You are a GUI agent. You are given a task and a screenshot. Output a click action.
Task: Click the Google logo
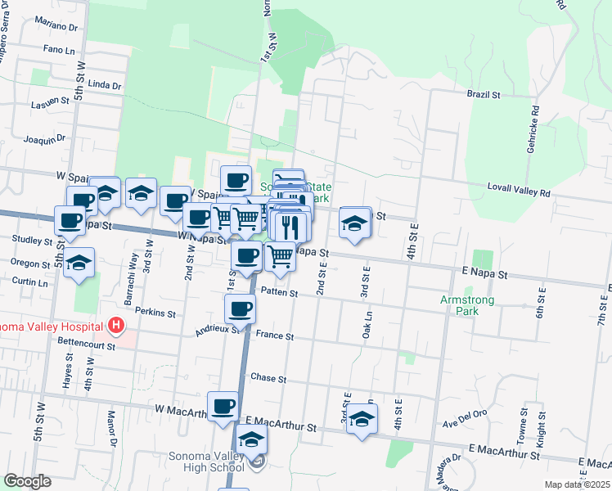pos(27,481)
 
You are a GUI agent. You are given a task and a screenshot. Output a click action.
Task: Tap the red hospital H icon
pos(116,326)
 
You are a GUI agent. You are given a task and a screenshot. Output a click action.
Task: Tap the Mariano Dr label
pos(61,27)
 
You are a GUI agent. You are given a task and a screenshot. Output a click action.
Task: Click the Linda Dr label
pos(104,84)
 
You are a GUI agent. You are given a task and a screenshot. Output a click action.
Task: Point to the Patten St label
pos(279,291)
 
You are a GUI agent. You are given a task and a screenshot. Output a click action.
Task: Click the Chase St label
pos(268,379)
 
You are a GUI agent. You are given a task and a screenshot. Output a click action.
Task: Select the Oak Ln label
pos(368,325)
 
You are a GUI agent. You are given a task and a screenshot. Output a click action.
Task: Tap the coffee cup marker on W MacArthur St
pos(223,406)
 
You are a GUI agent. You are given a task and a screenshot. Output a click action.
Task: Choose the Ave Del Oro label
pos(465,423)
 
